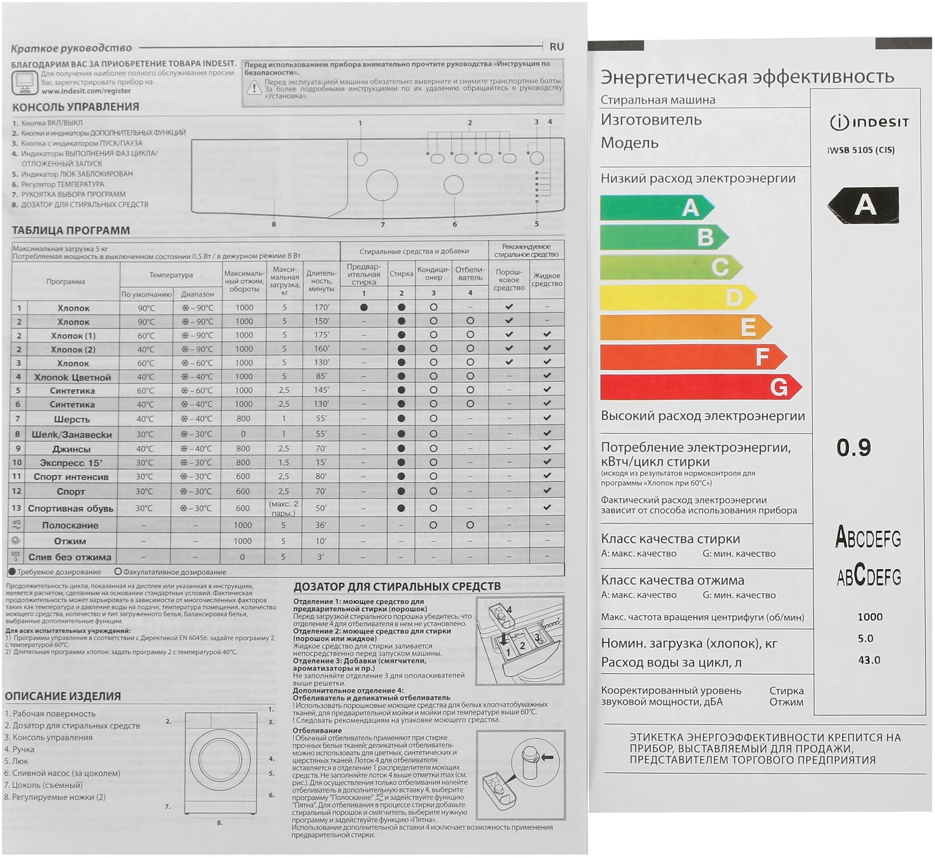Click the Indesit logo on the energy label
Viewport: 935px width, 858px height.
click(869, 123)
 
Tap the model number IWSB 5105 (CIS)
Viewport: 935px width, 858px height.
click(860, 150)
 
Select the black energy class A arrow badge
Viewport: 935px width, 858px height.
click(863, 205)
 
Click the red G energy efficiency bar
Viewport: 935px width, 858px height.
click(699, 387)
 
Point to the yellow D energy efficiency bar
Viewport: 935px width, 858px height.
click(678, 298)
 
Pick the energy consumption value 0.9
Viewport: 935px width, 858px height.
click(853, 448)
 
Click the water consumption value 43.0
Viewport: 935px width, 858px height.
click(869, 660)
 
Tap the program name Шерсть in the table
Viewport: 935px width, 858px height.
click(72, 419)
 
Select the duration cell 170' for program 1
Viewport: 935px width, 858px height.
click(321, 308)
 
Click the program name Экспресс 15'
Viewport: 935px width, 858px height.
click(71, 463)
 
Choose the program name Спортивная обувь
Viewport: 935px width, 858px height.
click(71, 509)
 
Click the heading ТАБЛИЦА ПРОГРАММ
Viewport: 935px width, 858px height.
click(71, 231)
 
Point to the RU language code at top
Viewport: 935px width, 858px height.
click(556, 47)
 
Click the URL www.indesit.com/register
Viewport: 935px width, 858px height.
click(86, 91)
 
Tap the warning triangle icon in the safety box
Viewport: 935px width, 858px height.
click(253, 88)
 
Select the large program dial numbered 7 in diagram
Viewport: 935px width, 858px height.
click(382, 186)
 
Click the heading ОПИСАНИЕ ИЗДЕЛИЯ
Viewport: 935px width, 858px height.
click(62, 696)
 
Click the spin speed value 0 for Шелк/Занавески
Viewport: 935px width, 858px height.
click(243, 434)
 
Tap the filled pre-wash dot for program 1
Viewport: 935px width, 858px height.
click(364, 308)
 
